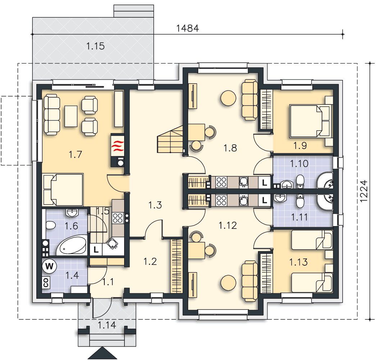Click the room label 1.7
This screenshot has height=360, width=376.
tap(76, 155)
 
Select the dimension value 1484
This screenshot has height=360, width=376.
tap(187, 28)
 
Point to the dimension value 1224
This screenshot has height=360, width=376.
tap(364, 191)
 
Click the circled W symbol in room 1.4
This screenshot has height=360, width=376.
tap(50, 266)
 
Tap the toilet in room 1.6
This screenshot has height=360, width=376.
tap(50, 226)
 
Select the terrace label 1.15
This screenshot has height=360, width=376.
tap(95, 46)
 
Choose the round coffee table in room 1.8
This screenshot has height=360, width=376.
tap(228, 98)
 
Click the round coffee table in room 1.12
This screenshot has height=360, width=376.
tap(228, 283)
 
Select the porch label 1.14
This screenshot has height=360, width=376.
tap(107, 325)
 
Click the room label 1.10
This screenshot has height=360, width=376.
tap(299, 164)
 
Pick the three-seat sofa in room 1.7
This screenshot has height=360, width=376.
tap(51, 114)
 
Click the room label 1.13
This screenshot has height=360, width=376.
tap(298, 262)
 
